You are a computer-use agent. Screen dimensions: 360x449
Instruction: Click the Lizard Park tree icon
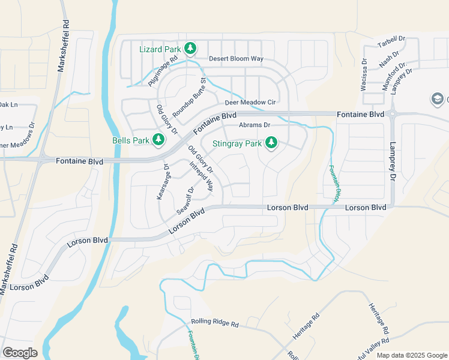pos(190,47)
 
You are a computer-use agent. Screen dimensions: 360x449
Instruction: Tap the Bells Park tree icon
pos(158,140)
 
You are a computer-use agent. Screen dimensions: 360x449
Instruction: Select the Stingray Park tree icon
pos(271,143)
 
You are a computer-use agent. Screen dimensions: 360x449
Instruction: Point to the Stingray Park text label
pos(237,144)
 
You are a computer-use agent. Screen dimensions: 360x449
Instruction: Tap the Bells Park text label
pos(131,141)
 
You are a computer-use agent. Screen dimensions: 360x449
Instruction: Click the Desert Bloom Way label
pos(236,59)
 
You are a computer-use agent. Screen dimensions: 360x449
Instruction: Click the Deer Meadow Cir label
pos(250,103)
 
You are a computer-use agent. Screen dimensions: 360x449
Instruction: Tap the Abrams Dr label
pos(255,125)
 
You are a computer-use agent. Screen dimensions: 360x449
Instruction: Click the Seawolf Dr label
pos(185,200)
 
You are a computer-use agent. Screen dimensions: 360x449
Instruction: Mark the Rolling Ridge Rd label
pos(214,323)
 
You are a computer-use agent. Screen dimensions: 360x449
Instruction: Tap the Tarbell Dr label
pos(391,41)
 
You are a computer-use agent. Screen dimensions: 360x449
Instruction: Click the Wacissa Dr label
pos(364,74)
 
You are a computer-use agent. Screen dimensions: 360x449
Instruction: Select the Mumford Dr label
pos(394,71)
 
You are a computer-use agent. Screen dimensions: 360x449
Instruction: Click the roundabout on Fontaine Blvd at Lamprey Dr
pos(393,114)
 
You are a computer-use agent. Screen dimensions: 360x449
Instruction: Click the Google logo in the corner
pos(20,352)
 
